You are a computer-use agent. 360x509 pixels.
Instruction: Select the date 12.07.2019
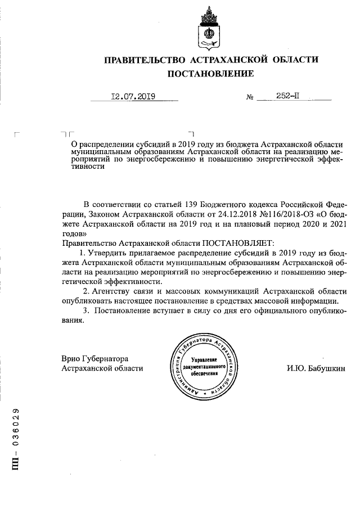[133, 96]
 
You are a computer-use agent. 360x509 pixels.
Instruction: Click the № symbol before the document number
[250, 97]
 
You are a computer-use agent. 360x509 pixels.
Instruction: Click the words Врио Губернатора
[95, 358]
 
